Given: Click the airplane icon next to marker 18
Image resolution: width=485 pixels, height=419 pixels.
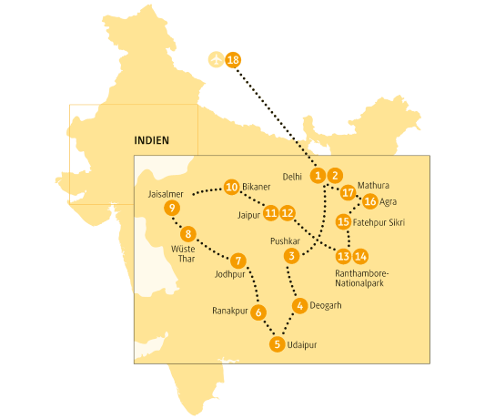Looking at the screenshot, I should (216, 60).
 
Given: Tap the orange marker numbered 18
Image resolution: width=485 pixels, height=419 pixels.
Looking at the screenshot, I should (233, 60).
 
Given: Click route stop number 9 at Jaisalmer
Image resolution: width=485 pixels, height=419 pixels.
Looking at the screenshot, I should (172, 209).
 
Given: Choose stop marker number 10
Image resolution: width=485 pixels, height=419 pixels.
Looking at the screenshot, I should (231, 187).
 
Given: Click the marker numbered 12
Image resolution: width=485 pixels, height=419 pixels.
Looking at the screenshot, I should (288, 213).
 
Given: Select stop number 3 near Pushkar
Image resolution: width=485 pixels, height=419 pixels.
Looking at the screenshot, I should (291, 256).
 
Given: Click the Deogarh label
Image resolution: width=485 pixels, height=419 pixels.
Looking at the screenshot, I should (326, 305).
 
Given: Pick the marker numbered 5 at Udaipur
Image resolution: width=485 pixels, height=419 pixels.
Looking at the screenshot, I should (277, 344).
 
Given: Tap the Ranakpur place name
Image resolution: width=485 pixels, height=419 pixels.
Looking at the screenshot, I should (229, 310).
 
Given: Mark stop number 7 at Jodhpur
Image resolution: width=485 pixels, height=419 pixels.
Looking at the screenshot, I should (237, 260).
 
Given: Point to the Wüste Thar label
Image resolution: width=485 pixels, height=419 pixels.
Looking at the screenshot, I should (180, 252).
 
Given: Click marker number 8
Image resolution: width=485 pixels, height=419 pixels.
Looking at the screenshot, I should (188, 232).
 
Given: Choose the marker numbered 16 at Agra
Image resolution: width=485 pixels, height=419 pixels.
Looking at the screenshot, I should (369, 201).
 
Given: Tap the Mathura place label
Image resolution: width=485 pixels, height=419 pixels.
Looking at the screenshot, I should (373, 186).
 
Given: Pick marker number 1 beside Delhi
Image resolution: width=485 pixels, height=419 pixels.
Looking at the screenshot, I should (318, 175).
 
